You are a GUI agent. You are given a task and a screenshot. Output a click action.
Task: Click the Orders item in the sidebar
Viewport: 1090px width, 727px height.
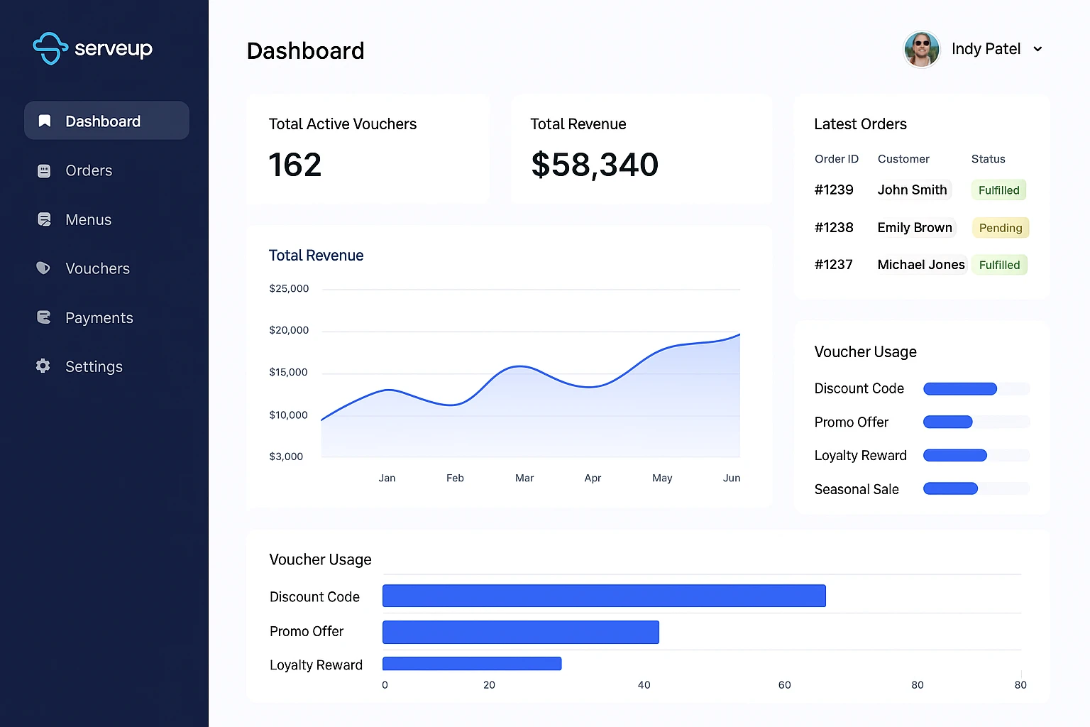click(88, 171)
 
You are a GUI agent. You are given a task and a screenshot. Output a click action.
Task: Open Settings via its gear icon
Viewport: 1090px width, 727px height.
click(43, 366)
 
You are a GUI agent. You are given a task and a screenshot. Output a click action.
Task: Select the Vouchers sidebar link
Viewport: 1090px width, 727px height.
click(97, 269)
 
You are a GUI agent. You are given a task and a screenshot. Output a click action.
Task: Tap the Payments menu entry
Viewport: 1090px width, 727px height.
click(99, 318)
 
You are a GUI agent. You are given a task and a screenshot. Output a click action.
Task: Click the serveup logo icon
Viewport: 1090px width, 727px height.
click(50, 48)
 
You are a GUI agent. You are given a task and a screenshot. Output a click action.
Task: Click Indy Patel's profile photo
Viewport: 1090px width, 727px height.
click(921, 49)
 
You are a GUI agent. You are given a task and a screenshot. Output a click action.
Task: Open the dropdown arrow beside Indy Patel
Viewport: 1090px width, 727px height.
click(1037, 49)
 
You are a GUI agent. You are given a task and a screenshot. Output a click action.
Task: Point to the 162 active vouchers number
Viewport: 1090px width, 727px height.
click(295, 165)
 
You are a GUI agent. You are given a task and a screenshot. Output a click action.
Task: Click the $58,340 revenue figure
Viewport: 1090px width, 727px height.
click(595, 165)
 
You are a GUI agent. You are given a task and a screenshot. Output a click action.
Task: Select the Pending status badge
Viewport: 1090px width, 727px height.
click(1000, 228)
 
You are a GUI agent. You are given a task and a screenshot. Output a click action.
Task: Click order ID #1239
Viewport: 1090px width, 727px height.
click(834, 190)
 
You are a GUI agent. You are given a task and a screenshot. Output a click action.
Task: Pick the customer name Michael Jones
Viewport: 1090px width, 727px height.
click(920, 265)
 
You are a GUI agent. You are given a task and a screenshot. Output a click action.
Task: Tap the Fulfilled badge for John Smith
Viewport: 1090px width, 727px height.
click(998, 190)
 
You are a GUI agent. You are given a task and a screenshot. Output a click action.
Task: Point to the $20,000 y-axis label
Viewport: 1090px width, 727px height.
click(289, 330)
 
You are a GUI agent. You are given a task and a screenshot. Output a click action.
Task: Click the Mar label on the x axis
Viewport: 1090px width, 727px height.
click(524, 479)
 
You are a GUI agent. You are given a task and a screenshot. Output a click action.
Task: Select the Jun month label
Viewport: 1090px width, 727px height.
click(732, 479)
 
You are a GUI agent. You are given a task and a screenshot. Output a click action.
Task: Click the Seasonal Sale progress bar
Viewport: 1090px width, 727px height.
click(950, 488)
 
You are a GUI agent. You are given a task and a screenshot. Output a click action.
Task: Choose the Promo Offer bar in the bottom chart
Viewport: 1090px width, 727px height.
click(520, 632)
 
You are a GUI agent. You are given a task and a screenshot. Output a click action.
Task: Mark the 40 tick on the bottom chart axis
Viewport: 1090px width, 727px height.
click(644, 685)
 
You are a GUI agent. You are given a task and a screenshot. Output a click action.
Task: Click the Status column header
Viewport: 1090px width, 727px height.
click(988, 159)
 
